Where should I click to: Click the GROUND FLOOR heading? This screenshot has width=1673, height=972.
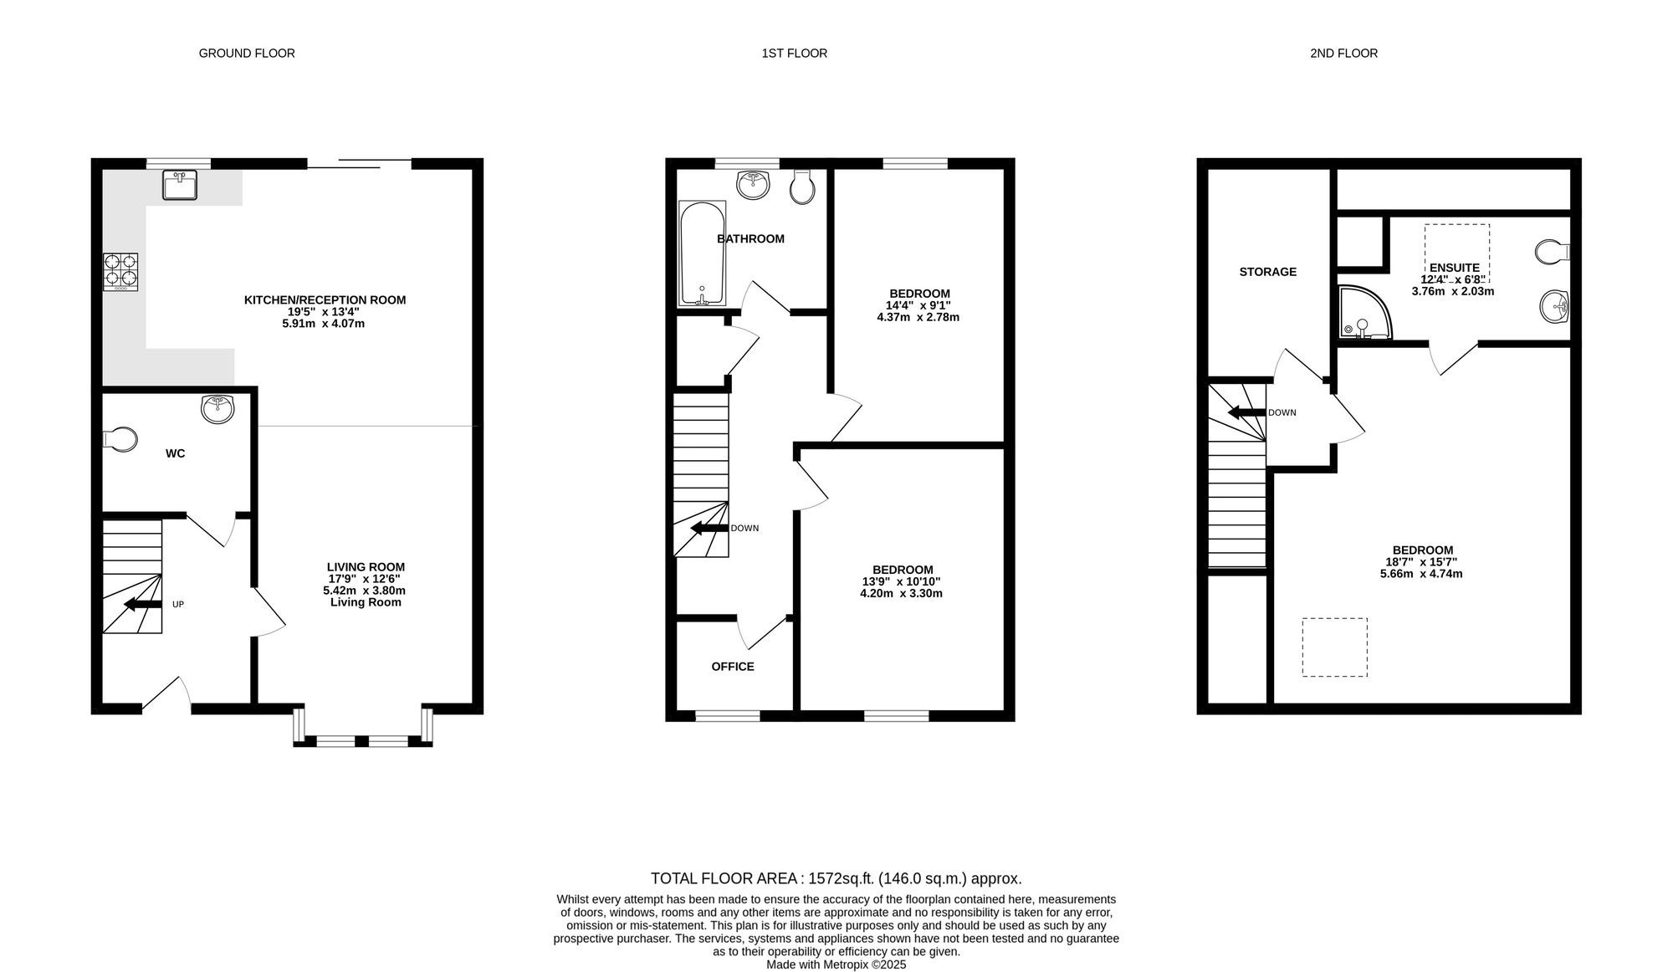tap(247, 54)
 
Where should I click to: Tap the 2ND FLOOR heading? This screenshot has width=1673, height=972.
tap(1343, 54)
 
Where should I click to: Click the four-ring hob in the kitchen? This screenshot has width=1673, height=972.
tap(120, 272)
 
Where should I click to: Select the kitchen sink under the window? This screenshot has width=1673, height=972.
tap(180, 185)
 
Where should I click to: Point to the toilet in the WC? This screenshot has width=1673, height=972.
tap(121, 439)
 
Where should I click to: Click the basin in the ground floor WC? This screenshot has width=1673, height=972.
tap(218, 409)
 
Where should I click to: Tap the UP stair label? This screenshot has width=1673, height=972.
tap(178, 604)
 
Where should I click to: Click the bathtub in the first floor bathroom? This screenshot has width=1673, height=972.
tap(701, 253)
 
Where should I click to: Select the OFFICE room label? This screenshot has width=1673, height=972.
tap(733, 667)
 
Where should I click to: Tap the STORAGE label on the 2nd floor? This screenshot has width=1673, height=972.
tap(1268, 272)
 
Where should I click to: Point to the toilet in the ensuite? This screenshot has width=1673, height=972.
tap(1553, 252)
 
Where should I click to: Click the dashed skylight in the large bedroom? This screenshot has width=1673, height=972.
tap(1334, 647)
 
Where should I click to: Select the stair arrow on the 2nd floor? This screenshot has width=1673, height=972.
tap(1246, 412)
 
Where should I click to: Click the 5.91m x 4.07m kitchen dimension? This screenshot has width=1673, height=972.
tap(324, 324)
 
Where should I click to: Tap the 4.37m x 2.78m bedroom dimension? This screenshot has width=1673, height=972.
tap(918, 318)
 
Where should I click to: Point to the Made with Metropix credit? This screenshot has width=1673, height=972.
tap(836, 964)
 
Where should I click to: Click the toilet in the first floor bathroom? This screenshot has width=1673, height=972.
tap(801, 187)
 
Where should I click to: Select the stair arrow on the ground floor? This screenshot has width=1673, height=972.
tap(143, 605)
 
